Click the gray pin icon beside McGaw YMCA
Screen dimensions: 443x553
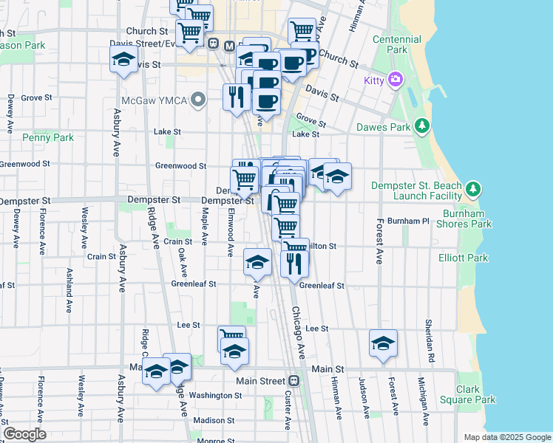tap(197, 100)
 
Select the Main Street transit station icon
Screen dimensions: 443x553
tap(294, 381)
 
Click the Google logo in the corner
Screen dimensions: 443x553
tap(24, 434)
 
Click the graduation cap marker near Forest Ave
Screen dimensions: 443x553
tap(383, 343)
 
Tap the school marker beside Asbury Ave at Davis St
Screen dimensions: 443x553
tap(123, 61)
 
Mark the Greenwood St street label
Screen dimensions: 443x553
tap(180, 166)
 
